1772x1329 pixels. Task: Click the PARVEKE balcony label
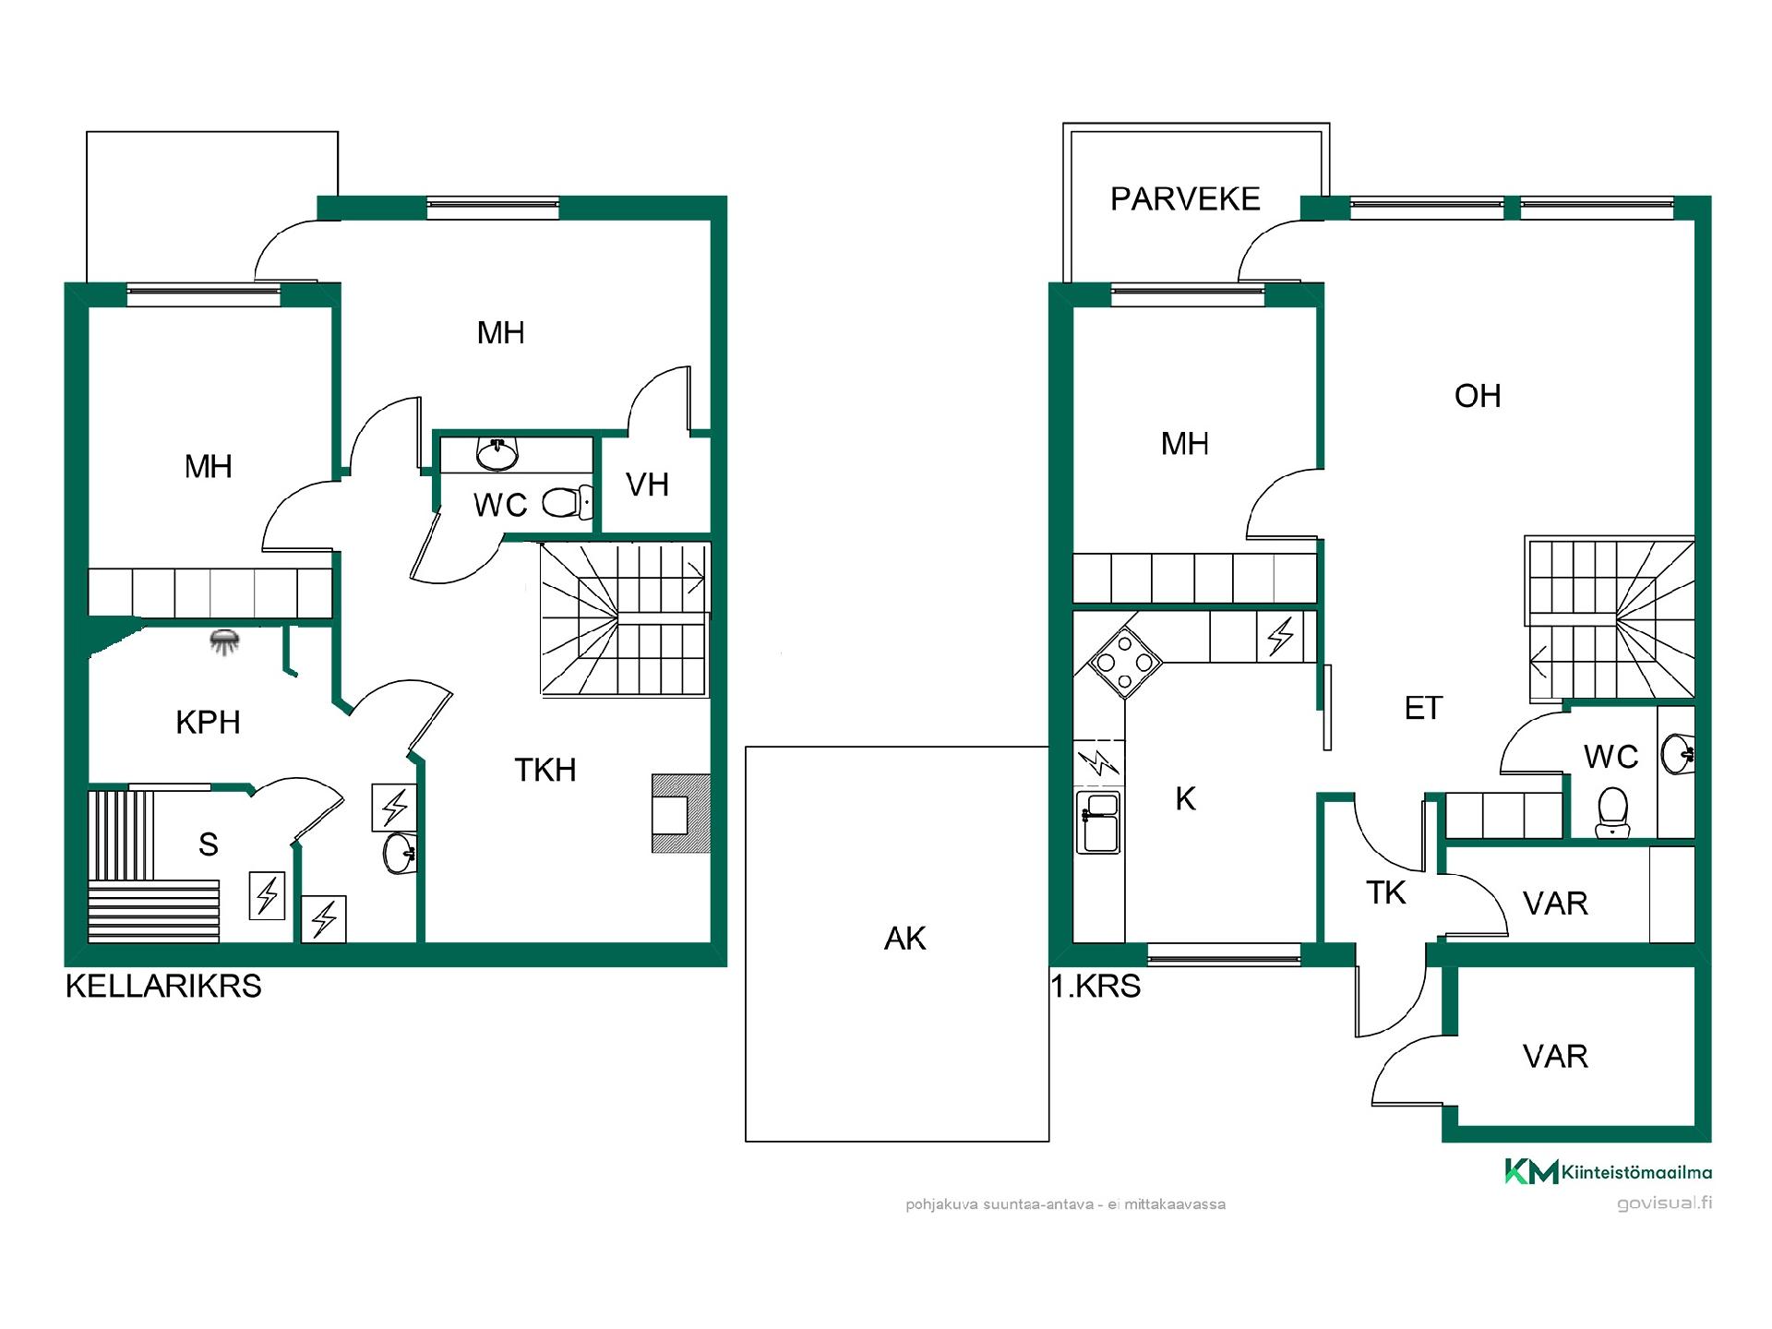pos(1185,199)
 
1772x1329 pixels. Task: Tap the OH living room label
pos(1478,396)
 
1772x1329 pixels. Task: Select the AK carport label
pos(904,939)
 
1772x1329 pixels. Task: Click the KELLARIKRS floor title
pos(163,987)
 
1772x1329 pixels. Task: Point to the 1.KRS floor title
pos(1096,987)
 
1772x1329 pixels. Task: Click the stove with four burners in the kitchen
pos(1125,663)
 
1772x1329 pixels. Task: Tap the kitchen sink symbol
pos(1098,822)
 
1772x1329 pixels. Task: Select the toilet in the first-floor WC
pos(1612,811)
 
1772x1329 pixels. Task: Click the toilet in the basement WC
pos(565,503)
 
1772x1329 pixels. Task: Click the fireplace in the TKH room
pos(681,813)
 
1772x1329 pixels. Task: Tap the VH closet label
pos(647,485)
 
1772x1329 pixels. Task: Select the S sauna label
pos(209,844)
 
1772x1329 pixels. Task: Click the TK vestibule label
pos(1386,892)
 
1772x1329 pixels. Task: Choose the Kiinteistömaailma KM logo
pos(1609,1171)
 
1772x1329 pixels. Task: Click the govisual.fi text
pos(1665,1203)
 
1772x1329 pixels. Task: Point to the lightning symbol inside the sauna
pos(268,895)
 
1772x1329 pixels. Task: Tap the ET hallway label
pos(1423,708)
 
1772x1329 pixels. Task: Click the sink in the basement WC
pos(498,452)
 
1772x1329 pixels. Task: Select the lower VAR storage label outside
pos(1555,1056)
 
